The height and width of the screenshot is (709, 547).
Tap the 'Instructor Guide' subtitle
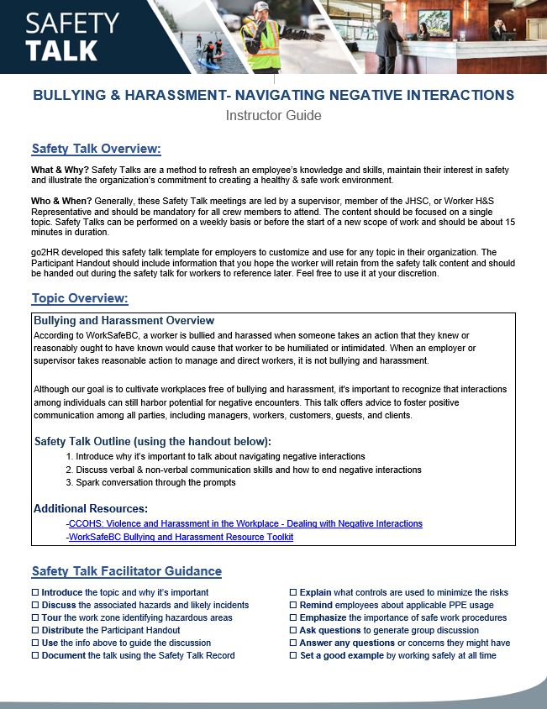tap(273, 116)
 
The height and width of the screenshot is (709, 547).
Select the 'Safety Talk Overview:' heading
tap(96, 150)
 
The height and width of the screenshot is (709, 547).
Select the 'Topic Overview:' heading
tap(79, 298)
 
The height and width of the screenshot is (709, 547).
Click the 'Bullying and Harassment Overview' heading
tap(124, 321)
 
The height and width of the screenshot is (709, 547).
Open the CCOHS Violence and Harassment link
tap(245, 523)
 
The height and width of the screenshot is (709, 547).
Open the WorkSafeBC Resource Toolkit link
tap(181, 537)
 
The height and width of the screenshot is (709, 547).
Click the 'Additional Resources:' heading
tap(90, 508)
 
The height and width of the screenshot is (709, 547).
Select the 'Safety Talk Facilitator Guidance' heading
tap(126, 571)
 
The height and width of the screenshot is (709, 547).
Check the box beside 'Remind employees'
tap(293, 606)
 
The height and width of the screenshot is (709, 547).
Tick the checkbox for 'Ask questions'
tap(293, 631)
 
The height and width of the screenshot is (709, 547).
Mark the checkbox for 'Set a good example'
tap(293, 656)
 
